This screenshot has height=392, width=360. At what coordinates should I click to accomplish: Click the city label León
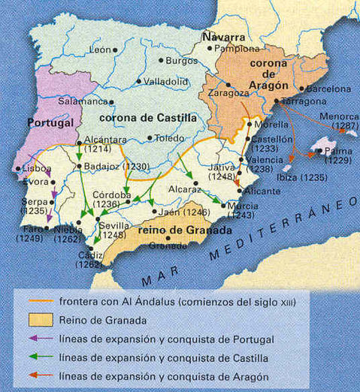click(x=100, y=50)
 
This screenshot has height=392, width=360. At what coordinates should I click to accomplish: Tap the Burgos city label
click(x=181, y=59)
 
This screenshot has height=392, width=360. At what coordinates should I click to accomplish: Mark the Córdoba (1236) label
click(x=110, y=199)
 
